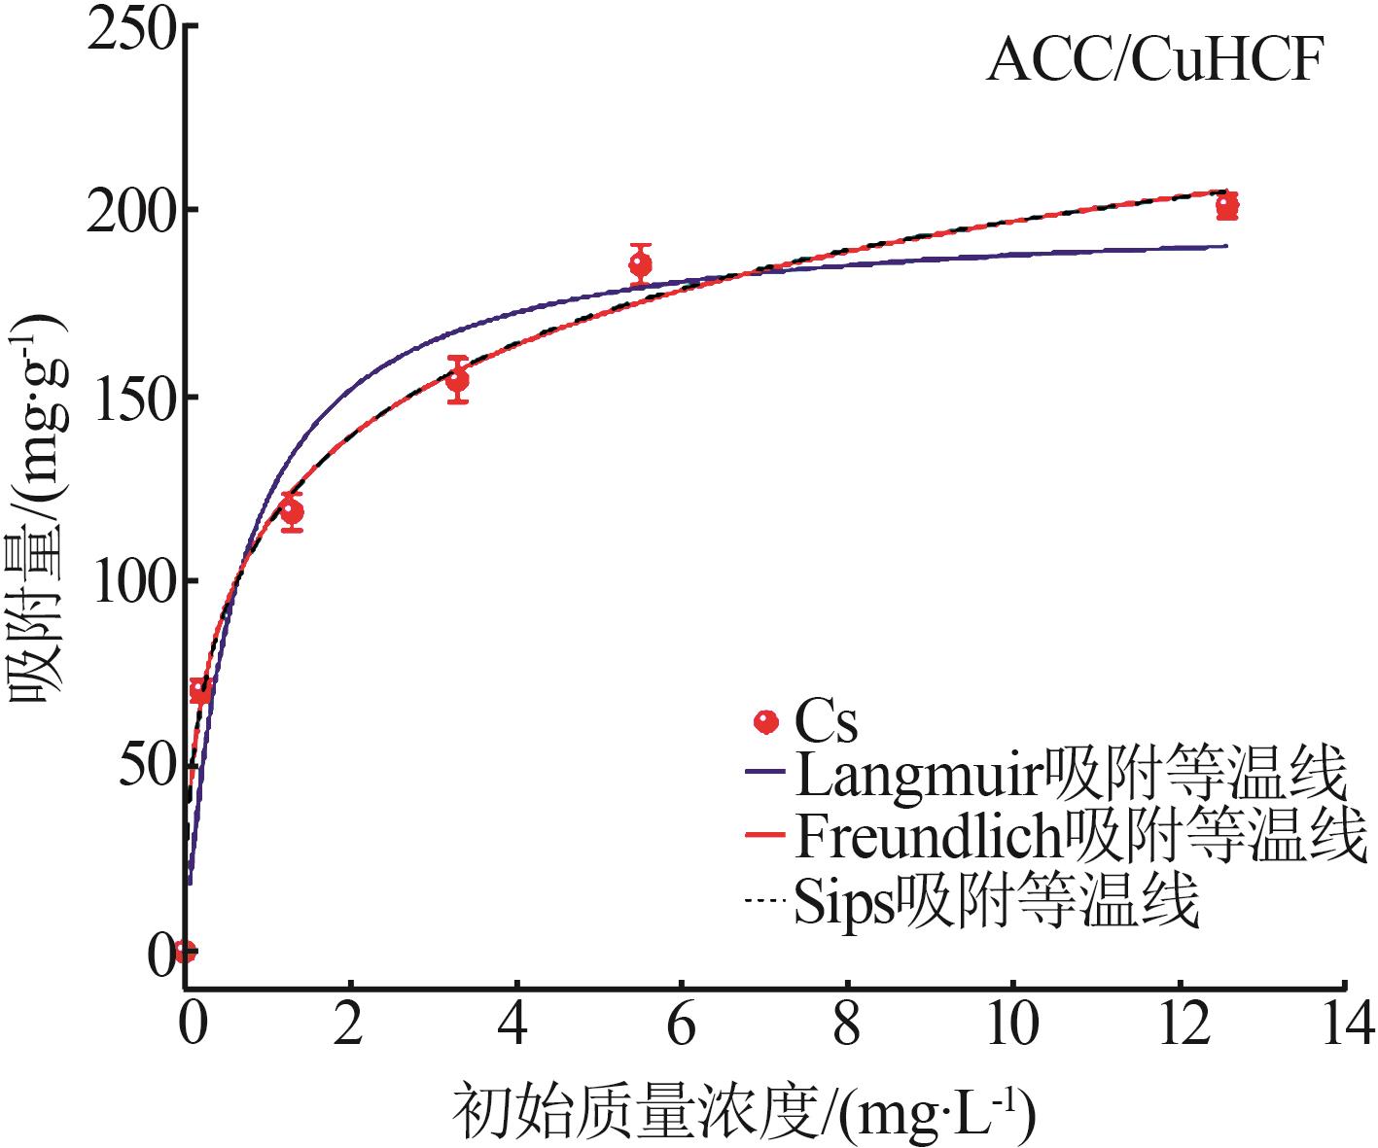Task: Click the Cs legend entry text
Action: click(x=826, y=722)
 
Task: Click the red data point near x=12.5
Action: click(x=1226, y=205)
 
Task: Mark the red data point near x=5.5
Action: click(x=640, y=263)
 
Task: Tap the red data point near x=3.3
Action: click(x=457, y=379)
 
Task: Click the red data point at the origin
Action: click(x=185, y=951)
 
